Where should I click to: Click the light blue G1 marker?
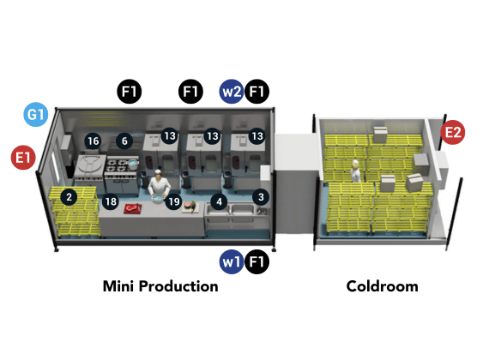point(36,114)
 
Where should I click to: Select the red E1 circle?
point(23,158)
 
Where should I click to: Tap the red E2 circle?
point(453,133)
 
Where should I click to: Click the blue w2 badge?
point(232,92)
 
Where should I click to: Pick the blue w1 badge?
point(232,261)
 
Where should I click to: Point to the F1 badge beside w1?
point(257,261)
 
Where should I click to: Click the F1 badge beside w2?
point(257,92)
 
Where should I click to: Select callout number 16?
point(94,141)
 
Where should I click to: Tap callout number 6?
point(124,141)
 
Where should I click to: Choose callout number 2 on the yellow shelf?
point(69,197)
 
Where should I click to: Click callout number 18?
point(111,201)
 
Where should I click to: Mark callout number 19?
point(173,201)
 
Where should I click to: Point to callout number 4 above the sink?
point(220,201)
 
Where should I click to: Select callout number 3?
point(261,197)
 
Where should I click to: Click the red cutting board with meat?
point(133,208)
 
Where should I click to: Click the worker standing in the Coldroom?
point(355,171)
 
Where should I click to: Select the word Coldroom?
point(383,286)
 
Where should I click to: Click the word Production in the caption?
point(178,286)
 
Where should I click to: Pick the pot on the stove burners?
point(133,164)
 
